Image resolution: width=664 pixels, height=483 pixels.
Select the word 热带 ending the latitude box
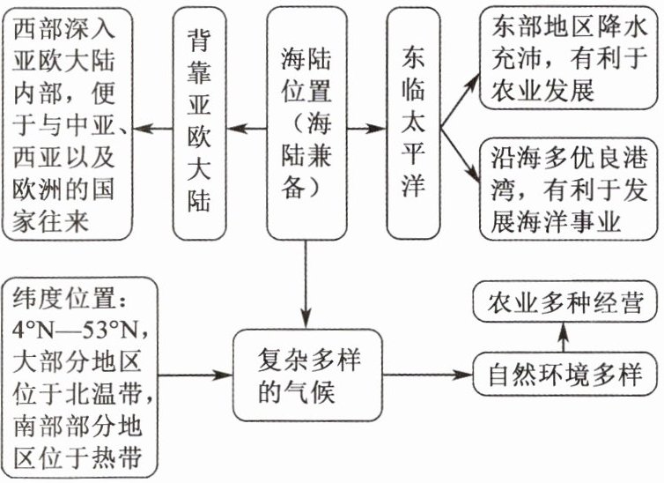tap(127, 458)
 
